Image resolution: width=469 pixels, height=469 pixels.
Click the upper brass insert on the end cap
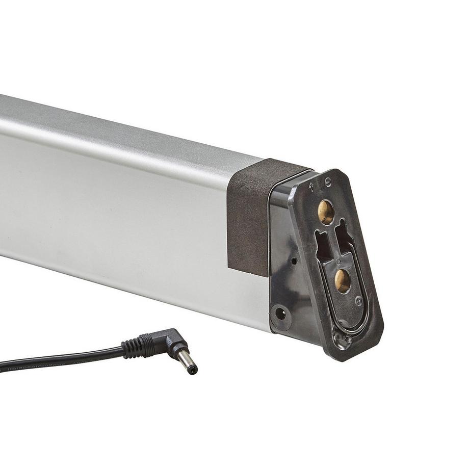[325, 212]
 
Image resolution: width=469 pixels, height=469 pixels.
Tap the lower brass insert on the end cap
[342, 280]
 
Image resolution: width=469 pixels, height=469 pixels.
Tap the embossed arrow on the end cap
[311, 186]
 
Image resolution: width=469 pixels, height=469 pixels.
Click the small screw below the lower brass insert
[358, 301]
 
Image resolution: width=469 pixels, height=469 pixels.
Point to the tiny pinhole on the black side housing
[294, 261]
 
